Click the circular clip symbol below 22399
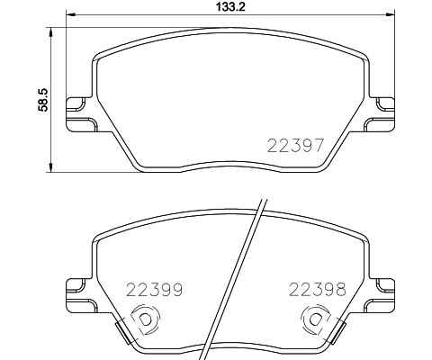pos(142,320)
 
